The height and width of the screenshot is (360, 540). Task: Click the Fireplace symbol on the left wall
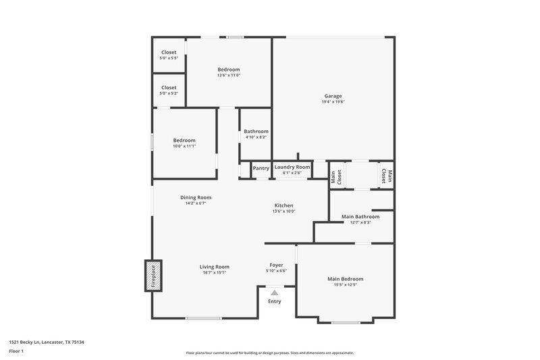pyautogui.click(x=153, y=276)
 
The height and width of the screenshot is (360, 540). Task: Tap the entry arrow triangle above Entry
pyautogui.click(x=274, y=292)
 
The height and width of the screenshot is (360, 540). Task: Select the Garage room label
pyautogui.click(x=333, y=96)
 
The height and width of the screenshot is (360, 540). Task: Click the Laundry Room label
pyautogui.click(x=292, y=167)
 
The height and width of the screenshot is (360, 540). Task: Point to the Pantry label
pyautogui.click(x=261, y=168)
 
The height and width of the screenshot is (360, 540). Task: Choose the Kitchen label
pyautogui.click(x=283, y=205)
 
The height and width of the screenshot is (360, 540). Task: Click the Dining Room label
pyautogui.click(x=196, y=197)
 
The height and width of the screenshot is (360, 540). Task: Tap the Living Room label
pyautogui.click(x=215, y=267)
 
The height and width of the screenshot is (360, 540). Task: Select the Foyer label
pyautogui.click(x=276, y=265)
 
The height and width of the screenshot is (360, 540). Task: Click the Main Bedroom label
pyautogui.click(x=345, y=279)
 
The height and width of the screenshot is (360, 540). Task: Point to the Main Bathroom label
pyautogui.click(x=360, y=217)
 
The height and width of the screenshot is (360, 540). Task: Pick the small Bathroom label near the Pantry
pyautogui.click(x=256, y=132)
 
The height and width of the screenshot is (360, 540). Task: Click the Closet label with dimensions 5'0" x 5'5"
pyautogui.click(x=169, y=53)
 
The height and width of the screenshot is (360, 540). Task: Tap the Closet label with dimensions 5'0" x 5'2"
pyautogui.click(x=169, y=87)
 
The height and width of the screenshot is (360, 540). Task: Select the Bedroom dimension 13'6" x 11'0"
pyautogui.click(x=228, y=75)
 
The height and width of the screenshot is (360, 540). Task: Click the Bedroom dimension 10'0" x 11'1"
pyautogui.click(x=184, y=146)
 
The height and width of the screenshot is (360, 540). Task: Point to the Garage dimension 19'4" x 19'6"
pyautogui.click(x=333, y=102)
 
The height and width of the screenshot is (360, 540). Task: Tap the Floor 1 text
pyautogui.click(x=16, y=351)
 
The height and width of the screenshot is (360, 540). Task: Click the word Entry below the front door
pyautogui.click(x=274, y=301)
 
